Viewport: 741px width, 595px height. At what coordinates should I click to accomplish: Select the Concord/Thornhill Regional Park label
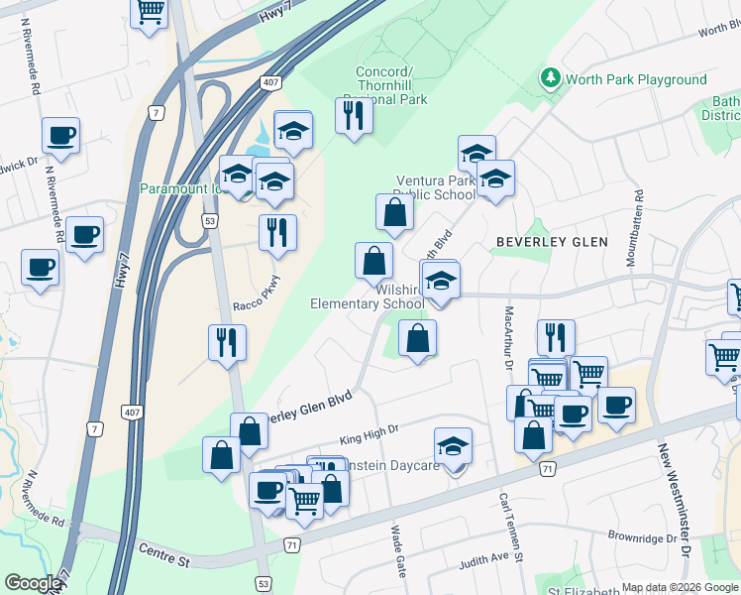click(x=391, y=85)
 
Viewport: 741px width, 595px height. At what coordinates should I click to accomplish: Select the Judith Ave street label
click(x=490, y=561)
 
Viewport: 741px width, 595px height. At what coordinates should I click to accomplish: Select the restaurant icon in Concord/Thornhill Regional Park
click(x=354, y=115)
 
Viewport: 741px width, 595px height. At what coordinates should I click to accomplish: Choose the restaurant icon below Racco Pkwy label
click(x=228, y=342)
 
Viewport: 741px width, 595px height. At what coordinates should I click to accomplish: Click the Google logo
click(x=33, y=583)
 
